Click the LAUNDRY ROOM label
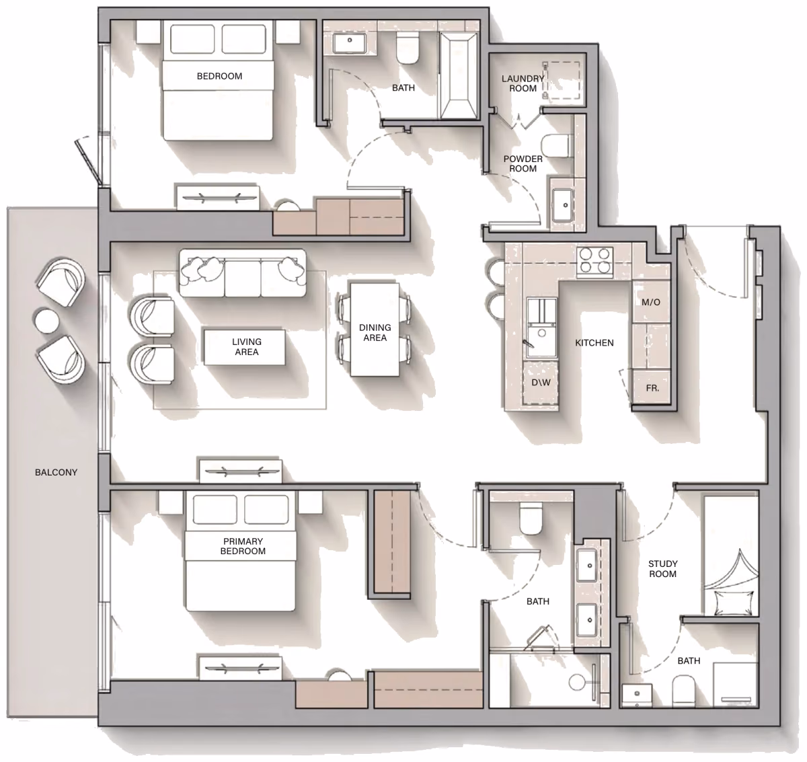pyautogui.click(x=523, y=83)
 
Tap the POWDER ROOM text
pyautogui.click(x=523, y=164)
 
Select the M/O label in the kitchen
pyautogui.click(x=650, y=302)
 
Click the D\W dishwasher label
pyautogui.click(x=541, y=383)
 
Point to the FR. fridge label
pyautogui.click(x=652, y=388)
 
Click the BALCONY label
pyautogui.click(x=56, y=472)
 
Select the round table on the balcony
pyautogui.click(x=46, y=320)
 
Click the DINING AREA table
pyautogui.click(x=374, y=330)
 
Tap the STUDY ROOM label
pyautogui.click(x=662, y=569)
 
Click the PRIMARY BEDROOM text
pyautogui.click(x=243, y=546)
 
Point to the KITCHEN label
pyautogui.click(x=594, y=342)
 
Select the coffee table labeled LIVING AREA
pyautogui.click(x=244, y=347)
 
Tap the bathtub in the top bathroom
pyautogui.click(x=458, y=76)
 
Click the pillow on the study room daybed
pyautogui.click(x=733, y=603)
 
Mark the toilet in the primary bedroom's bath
pyautogui.click(x=531, y=518)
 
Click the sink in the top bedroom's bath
pyautogui.click(x=350, y=43)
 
